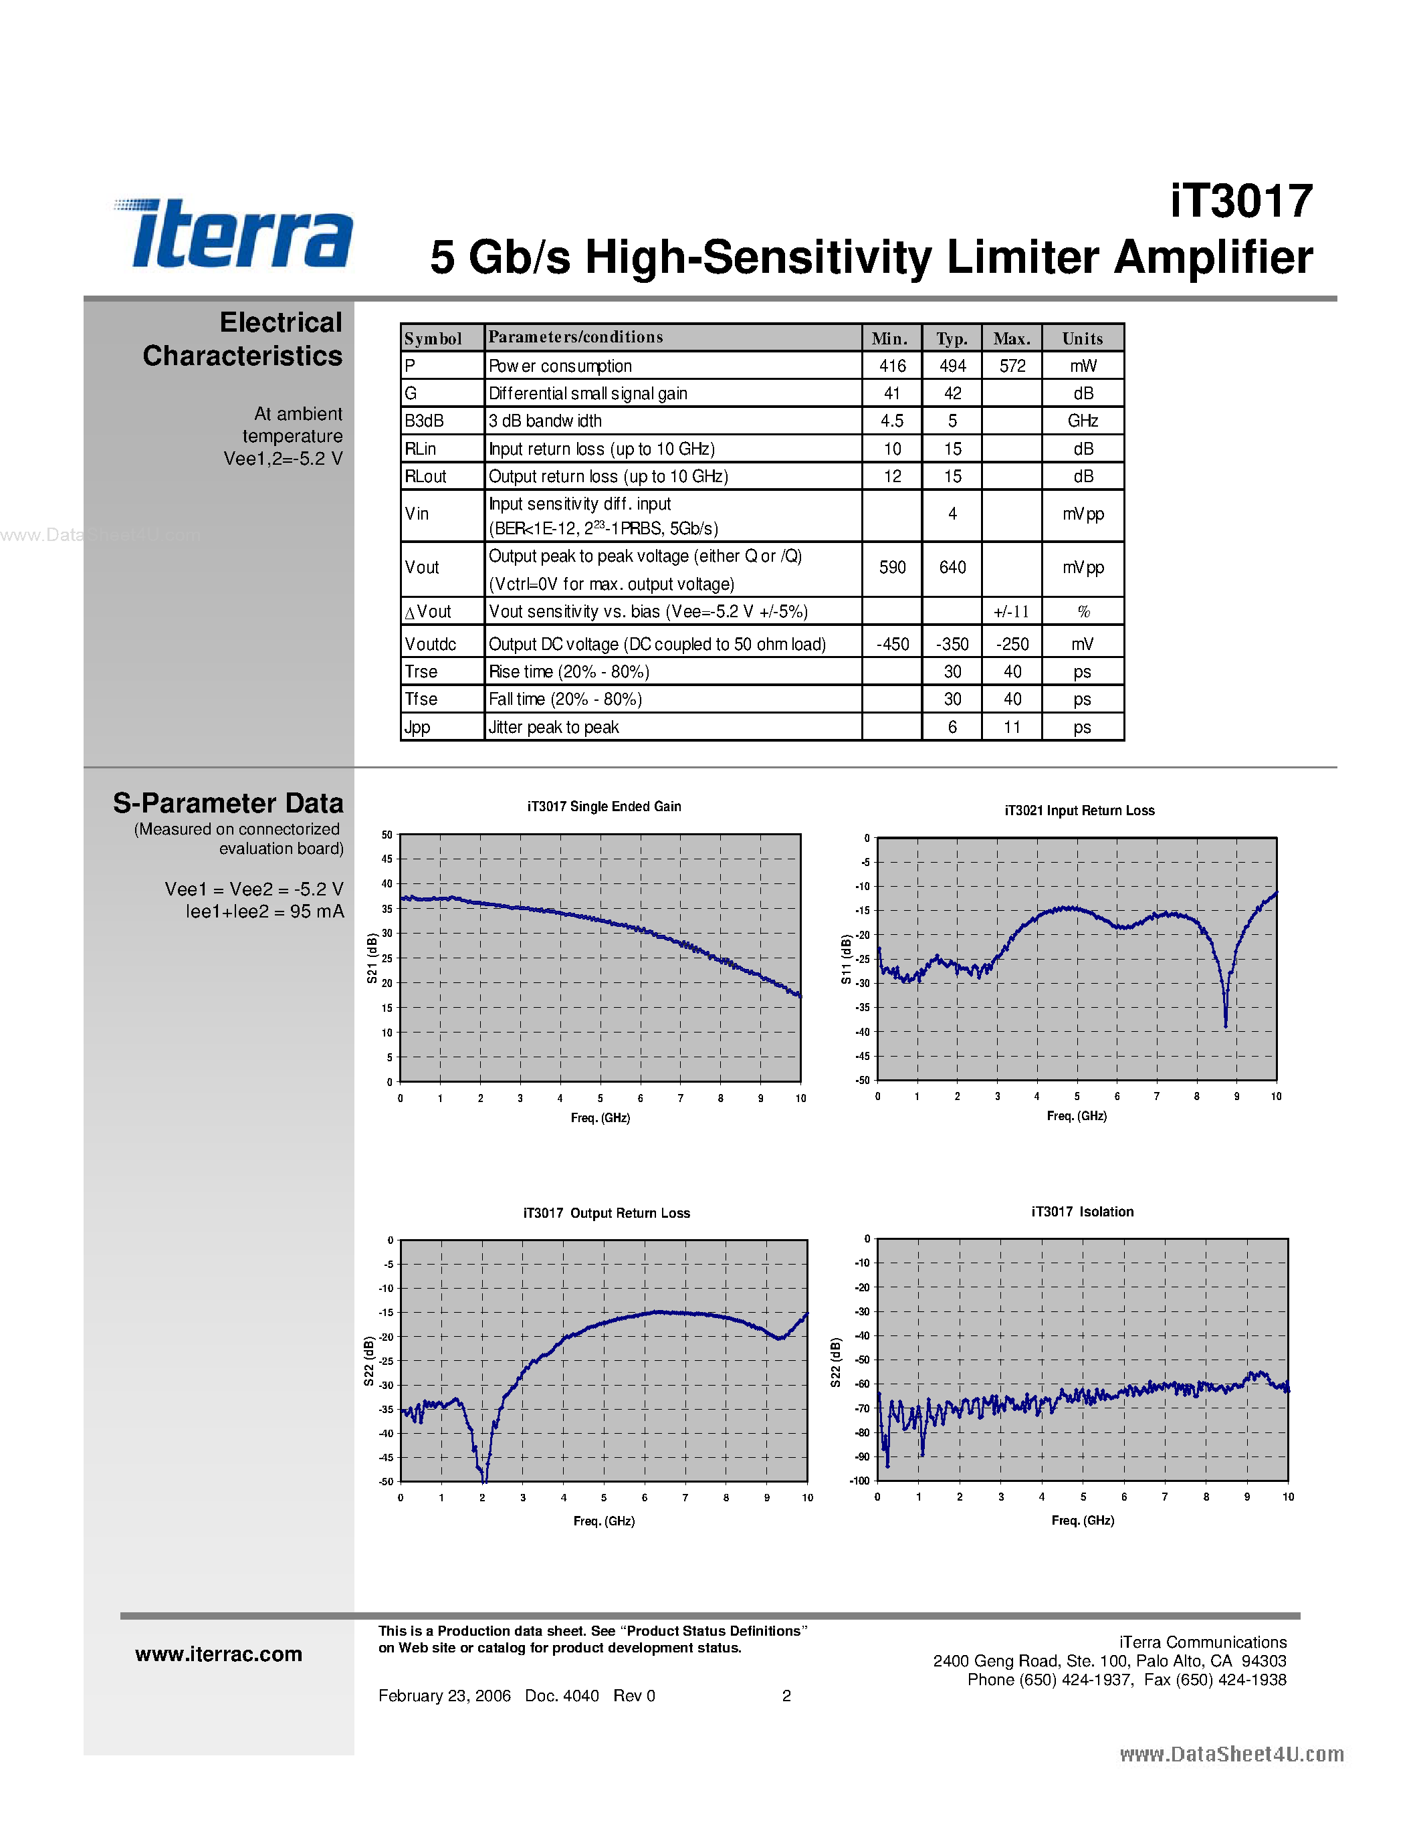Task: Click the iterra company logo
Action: pos(234,233)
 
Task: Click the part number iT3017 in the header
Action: pos(1241,202)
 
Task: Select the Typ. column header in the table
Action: pos(952,338)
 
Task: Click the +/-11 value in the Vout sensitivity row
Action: pos(1011,612)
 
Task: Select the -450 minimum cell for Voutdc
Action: pos(892,644)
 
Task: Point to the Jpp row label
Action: pos(417,728)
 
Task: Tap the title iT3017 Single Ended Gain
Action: pos(605,806)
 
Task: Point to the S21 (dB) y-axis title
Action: pos(372,958)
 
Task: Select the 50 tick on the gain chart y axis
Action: pos(387,835)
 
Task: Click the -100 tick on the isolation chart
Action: pos(859,1481)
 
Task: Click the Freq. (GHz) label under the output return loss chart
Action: pos(604,1521)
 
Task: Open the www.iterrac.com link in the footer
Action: pos(219,1654)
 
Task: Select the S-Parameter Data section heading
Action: pos(228,803)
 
